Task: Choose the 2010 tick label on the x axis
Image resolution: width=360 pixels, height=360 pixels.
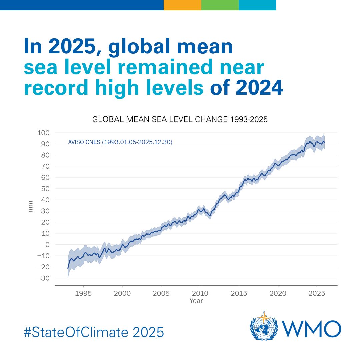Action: tap(200, 293)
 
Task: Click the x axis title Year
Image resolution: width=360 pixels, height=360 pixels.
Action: tap(196, 301)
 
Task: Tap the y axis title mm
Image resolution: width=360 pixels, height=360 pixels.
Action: tap(31, 206)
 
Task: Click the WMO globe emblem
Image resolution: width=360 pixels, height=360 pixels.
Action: tap(264, 326)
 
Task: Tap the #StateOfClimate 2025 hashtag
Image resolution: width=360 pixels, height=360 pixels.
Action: tap(94, 332)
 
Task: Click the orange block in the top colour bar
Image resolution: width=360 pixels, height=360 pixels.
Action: tap(182, 5)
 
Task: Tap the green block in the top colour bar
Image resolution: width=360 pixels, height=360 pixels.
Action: tap(220, 5)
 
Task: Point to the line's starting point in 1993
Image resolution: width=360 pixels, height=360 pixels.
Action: tap(68, 268)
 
